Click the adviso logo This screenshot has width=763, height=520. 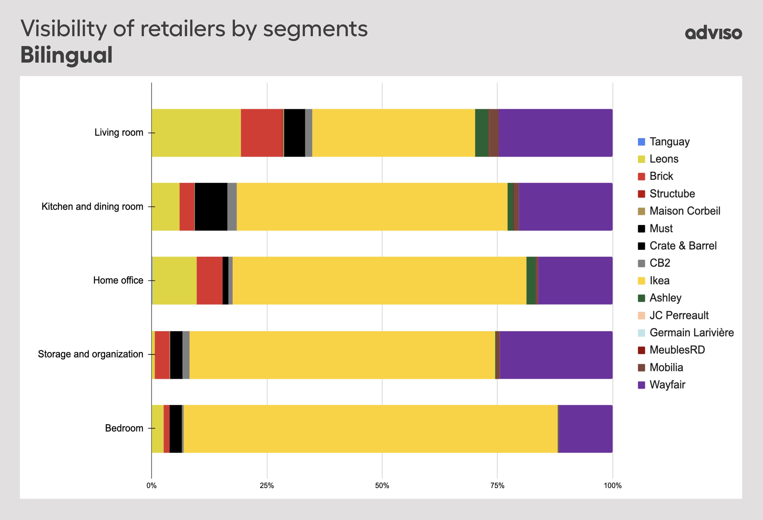pos(713,33)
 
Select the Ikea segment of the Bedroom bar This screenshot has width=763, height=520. pos(370,429)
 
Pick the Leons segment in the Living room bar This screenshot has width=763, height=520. pos(196,133)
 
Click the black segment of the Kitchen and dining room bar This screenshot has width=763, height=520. pos(211,207)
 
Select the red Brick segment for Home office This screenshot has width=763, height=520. pos(209,281)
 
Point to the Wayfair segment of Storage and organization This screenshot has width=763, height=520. pos(556,355)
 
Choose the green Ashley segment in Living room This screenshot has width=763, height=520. pos(482,133)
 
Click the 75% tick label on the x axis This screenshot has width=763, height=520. pos(497,486)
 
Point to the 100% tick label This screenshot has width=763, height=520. pos(612,486)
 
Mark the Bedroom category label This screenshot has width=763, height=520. pos(124,428)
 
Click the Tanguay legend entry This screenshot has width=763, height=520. pos(669,142)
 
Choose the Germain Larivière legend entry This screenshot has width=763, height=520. pos(691,332)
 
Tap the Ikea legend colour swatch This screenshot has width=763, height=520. pos(641,281)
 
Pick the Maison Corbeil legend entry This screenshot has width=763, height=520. pos(684,211)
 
